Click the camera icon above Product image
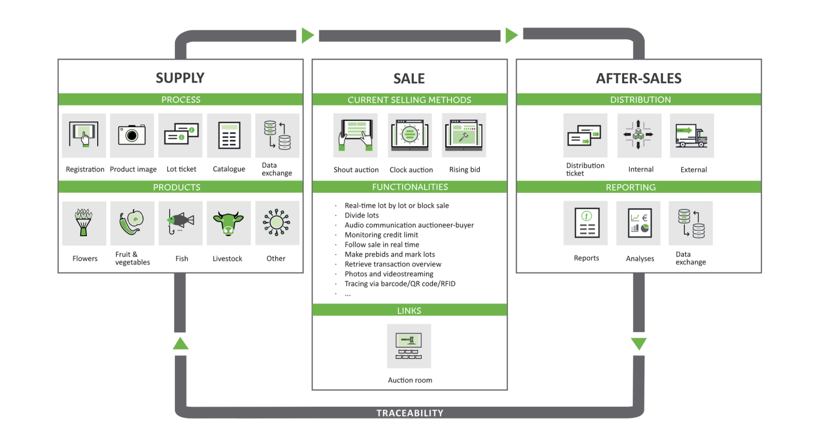click(132, 135)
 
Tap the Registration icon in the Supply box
click(84, 135)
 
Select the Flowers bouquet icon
click(84, 223)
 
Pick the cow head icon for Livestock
click(228, 223)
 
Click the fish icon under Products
click(180, 223)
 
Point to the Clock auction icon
click(410, 135)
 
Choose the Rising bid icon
click(464, 135)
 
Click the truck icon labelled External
click(692, 135)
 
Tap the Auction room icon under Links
click(409, 346)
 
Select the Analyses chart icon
click(640, 223)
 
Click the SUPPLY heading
click(180, 78)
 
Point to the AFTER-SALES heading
click(639, 78)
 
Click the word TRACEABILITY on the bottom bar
click(410, 413)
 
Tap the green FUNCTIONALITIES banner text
click(410, 187)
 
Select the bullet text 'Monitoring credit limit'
click(381, 235)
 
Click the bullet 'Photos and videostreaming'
click(389, 274)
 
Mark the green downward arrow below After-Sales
click(639, 344)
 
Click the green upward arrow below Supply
click(180, 344)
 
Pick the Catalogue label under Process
click(229, 169)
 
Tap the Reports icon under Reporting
click(586, 223)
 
